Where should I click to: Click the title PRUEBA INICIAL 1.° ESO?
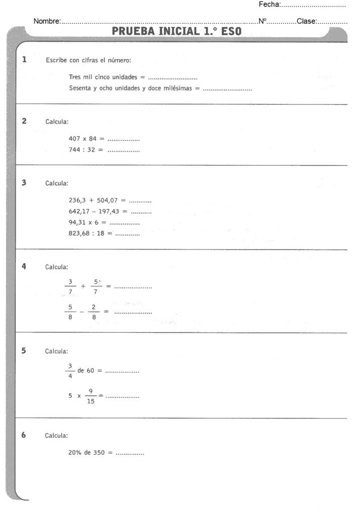tap(176, 31)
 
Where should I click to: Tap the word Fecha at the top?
tap(269, 5)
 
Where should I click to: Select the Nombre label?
tap(47, 21)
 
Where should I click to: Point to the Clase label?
tap(306, 21)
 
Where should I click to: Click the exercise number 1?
tap(24, 60)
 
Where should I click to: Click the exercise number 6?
tap(24, 435)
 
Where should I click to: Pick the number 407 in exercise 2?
tap(74, 139)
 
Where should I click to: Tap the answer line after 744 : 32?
tap(124, 150)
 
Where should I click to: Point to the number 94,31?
tap(77, 222)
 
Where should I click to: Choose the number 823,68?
tap(79, 233)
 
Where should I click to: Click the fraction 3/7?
tap(70, 287)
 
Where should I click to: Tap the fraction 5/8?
tap(70, 312)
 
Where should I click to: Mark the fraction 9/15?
tap(91, 395)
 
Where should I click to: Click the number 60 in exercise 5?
tap(91, 370)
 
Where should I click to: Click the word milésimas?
tap(181, 88)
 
